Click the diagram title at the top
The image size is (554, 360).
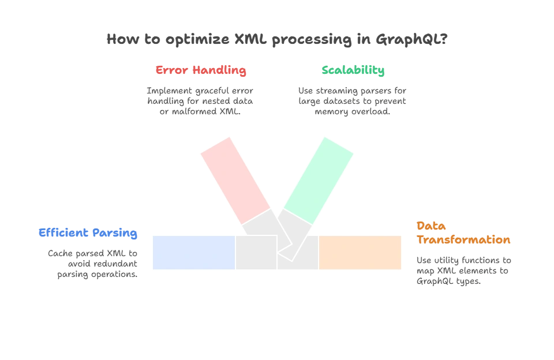(277, 40)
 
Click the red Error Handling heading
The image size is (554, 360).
(201, 71)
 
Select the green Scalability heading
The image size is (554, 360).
(354, 71)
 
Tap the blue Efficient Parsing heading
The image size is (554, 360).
(88, 233)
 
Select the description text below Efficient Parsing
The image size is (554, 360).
(92, 264)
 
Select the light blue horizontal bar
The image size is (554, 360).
(194, 253)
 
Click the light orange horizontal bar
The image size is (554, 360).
(360, 253)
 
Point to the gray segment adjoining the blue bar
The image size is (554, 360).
(256, 253)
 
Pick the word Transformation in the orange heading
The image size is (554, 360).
(463, 239)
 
